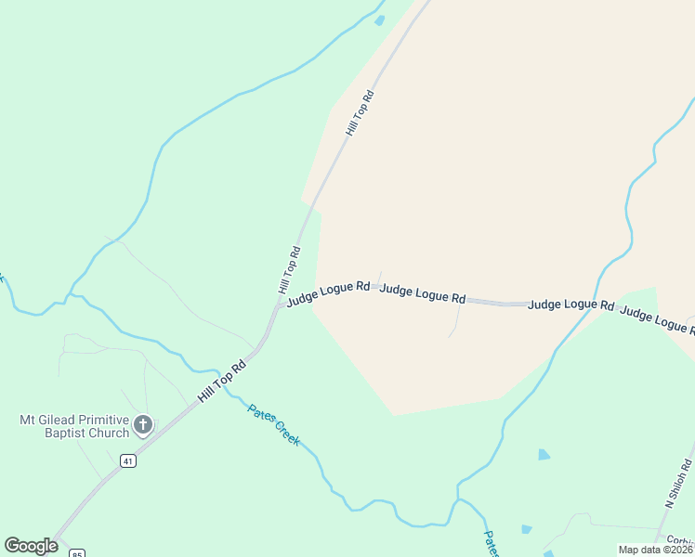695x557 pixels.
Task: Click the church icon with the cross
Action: pyautogui.click(x=142, y=425)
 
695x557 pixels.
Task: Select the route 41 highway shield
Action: pyautogui.click(x=127, y=460)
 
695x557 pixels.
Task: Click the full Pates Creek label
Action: pyautogui.click(x=273, y=424)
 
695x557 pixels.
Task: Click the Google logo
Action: pyautogui.click(x=31, y=546)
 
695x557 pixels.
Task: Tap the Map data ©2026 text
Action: pyautogui.click(x=655, y=550)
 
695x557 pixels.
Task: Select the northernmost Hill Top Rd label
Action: pyautogui.click(x=360, y=113)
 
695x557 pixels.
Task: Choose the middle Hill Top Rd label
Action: pyautogui.click(x=290, y=269)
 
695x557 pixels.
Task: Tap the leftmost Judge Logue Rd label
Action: pyautogui.click(x=328, y=293)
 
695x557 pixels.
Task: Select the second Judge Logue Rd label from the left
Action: pyautogui.click(x=423, y=293)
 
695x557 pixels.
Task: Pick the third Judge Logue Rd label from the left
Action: pyautogui.click(x=570, y=304)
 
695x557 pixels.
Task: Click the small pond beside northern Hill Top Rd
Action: pyautogui.click(x=379, y=19)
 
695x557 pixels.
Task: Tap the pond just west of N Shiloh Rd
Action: pyautogui.click(x=544, y=455)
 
